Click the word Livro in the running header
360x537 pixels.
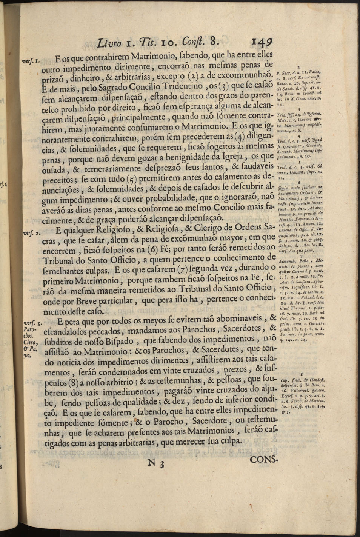click(x=109, y=42)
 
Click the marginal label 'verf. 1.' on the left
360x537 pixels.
click(x=39, y=60)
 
